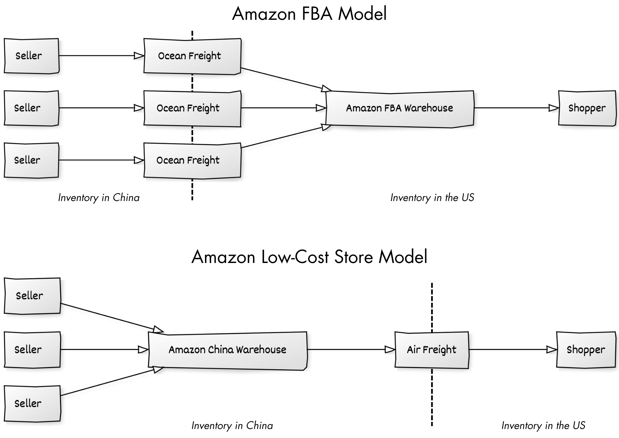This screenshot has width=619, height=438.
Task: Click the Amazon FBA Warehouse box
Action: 400,108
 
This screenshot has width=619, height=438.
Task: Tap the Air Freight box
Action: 432,350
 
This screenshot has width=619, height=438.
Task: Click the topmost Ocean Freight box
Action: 192,56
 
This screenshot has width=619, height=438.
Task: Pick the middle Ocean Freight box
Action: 192,108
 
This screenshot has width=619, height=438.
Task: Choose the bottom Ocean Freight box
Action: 192,160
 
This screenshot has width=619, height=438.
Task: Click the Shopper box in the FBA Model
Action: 587,108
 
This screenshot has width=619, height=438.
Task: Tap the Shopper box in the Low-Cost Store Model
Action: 586,350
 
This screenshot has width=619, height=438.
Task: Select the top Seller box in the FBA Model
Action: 31,56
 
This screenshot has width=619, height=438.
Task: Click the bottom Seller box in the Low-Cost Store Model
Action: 32,404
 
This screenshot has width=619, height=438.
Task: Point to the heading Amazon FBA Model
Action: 309,14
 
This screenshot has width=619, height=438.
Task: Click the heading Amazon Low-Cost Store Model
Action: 309,257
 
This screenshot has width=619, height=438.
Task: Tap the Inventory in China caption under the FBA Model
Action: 99,198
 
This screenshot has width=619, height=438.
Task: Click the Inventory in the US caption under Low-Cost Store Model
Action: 543,426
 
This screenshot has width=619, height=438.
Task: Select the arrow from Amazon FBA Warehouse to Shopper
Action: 516,108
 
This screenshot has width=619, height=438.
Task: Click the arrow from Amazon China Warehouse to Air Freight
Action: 351,350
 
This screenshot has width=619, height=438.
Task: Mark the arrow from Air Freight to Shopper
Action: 513,350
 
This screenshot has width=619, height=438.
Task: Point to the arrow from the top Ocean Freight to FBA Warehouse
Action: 286,80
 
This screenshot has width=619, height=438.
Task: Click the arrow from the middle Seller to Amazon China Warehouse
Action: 105,350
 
